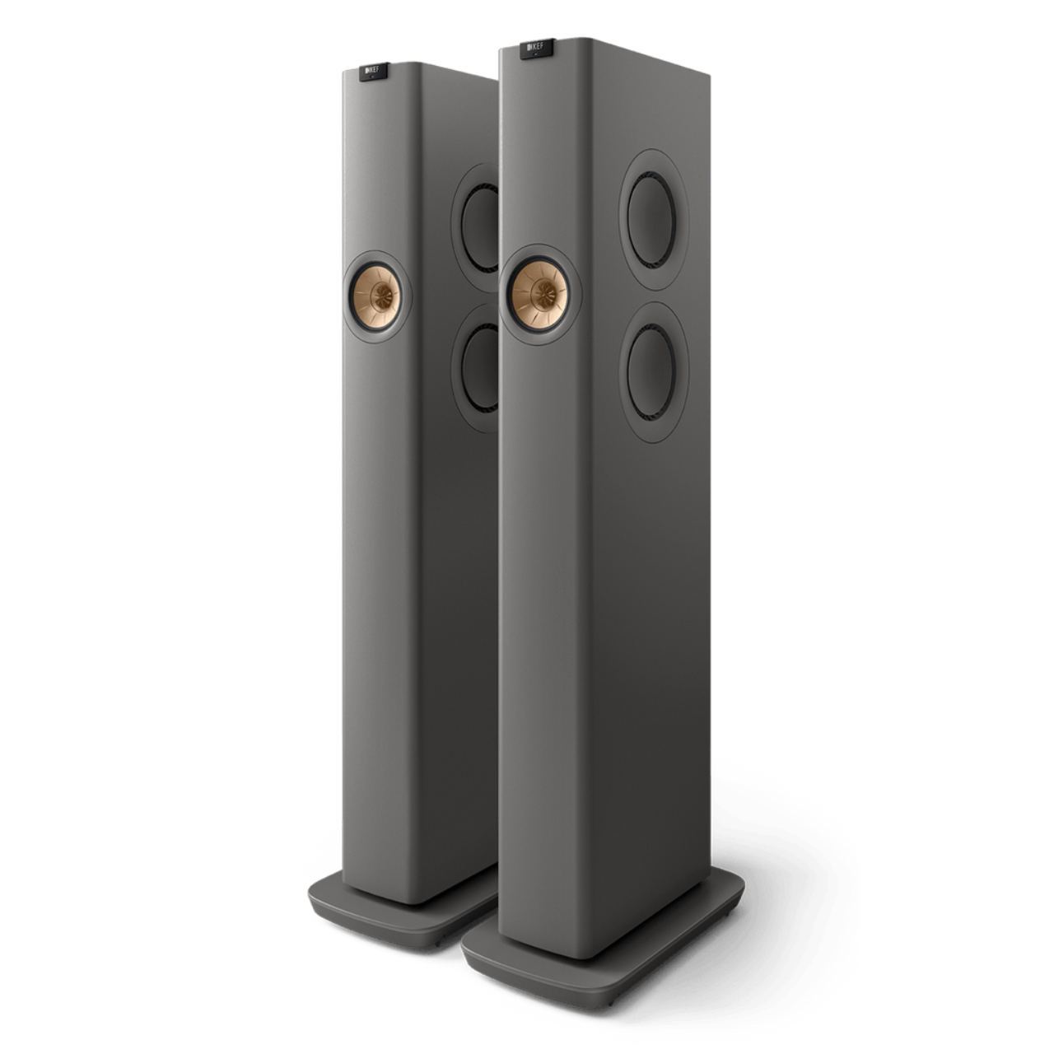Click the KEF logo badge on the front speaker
click(536, 49)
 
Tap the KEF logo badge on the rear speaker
click(374, 73)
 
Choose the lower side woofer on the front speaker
click(651, 371)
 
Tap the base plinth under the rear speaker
click(387, 914)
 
